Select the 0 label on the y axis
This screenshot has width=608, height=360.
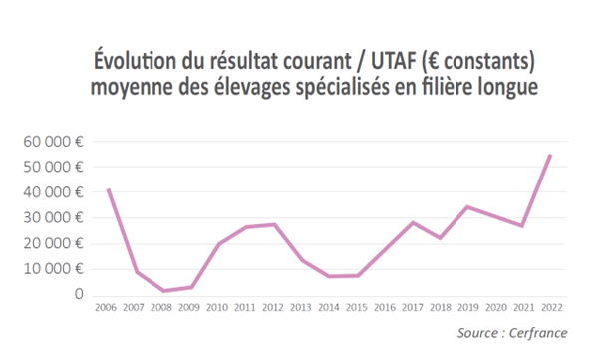click(78, 295)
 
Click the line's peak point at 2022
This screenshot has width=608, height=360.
click(550, 155)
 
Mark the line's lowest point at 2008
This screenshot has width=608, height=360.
click(163, 291)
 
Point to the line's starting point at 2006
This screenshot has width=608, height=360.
click(108, 189)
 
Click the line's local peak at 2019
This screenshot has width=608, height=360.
click(466, 207)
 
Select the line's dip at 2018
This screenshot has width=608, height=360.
click(440, 238)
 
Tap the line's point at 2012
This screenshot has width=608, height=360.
click(274, 224)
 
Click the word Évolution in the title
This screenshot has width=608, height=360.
click(137, 59)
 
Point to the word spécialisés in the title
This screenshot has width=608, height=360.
click(328, 87)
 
